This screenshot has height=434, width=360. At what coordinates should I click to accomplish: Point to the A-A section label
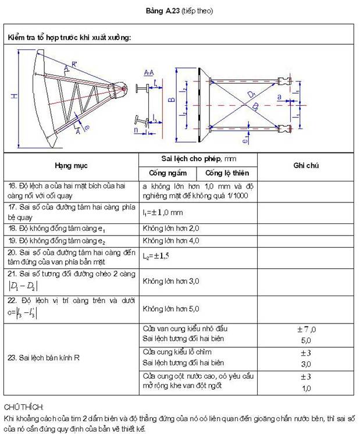(x=148, y=72)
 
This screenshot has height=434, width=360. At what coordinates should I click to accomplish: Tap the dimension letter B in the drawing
(x=172, y=100)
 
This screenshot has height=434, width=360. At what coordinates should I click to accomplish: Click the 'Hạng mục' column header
(x=71, y=165)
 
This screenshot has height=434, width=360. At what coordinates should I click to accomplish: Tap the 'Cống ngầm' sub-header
(x=167, y=173)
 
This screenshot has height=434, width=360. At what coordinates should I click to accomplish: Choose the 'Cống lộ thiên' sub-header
(x=227, y=173)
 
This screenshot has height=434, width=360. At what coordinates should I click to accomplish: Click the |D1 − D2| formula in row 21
(x=24, y=286)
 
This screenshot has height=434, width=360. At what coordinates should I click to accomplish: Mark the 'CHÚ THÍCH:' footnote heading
(x=20, y=404)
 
